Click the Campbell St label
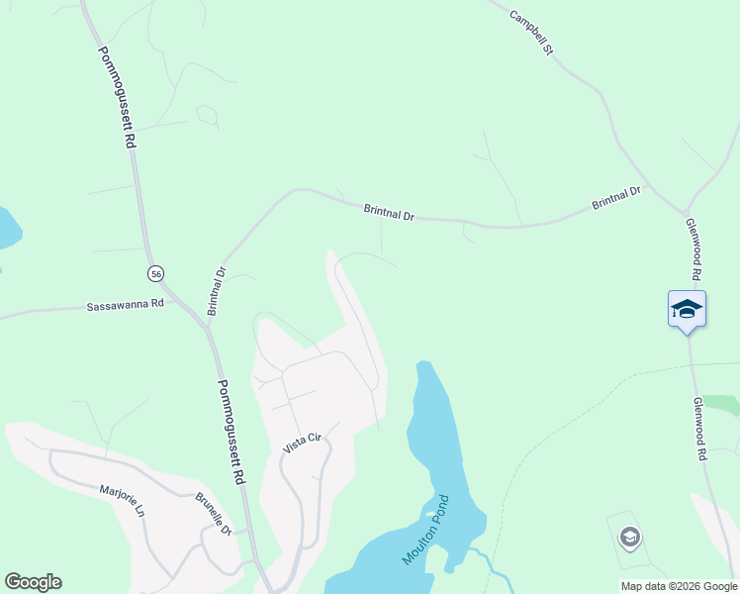pos(530,32)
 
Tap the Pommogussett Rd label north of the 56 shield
pos(116,97)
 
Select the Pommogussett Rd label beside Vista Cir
pos(231,432)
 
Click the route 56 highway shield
pos(155,273)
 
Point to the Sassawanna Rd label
pos(124,306)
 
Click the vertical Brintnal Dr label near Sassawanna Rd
pos(217,291)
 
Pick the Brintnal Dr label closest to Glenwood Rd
pos(616,198)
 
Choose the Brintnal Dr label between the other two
pos(389,211)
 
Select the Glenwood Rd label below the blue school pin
pos(700,429)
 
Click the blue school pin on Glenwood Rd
pos(687,309)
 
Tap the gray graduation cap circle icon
pos(629,538)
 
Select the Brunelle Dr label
pos(213,514)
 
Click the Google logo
pos(33,582)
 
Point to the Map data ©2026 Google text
pos(679,586)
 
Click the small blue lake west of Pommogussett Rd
pos(6,229)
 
